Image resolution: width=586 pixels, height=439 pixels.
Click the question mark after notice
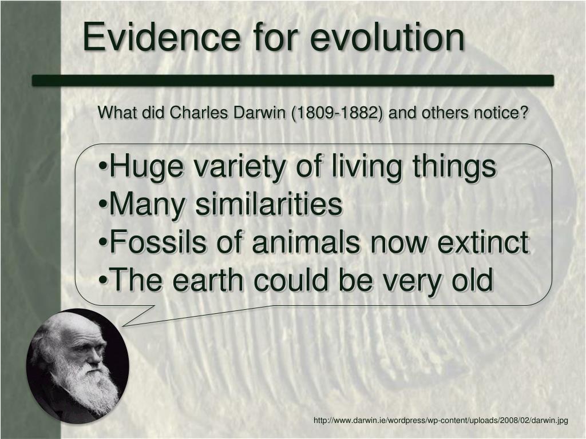[x=523, y=113]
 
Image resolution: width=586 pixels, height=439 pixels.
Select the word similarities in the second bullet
[x=269, y=205]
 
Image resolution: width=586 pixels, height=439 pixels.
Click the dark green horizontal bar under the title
[x=292, y=81]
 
